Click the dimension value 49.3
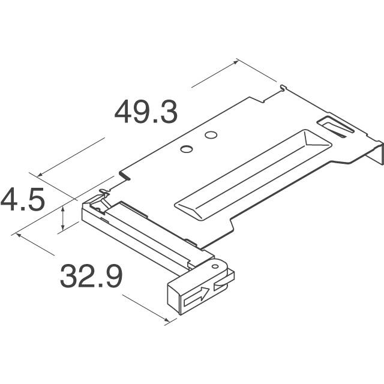pyautogui.click(x=146, y=112)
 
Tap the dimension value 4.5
pyautogui.click(x=23, y=200)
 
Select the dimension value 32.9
pyautogui.click(x=91, y=277)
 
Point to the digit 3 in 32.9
pyautogui.click(x=68, y=277)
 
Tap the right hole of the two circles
pyautogui.click(x=210, y=135)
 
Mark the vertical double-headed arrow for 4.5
pyautogui.click(x=62, y=217)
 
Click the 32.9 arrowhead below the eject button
pyautogui.click(x=169, y=320)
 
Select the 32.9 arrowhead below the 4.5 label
pyautogui.click(x=20, y=236)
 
